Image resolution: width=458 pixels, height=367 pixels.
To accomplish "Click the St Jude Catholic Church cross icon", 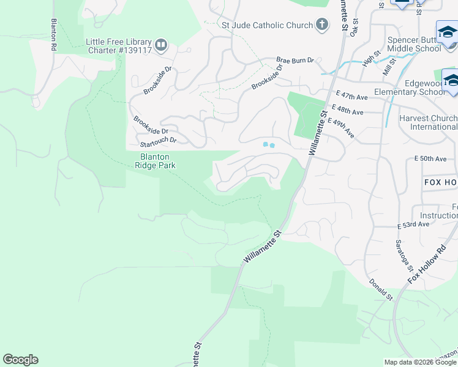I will coord(322,25).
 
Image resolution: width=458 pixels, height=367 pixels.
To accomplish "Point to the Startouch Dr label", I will coord(158,141).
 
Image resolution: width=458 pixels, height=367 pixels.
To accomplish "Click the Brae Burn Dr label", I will coord(295,61).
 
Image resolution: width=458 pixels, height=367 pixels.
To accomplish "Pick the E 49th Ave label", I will coord(341,128).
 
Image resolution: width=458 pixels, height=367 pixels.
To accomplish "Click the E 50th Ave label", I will coord(430,158).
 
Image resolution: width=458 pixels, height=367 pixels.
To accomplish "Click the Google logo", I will coord(20,360).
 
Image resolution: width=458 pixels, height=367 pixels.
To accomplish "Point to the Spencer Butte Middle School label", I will coord(410,45).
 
